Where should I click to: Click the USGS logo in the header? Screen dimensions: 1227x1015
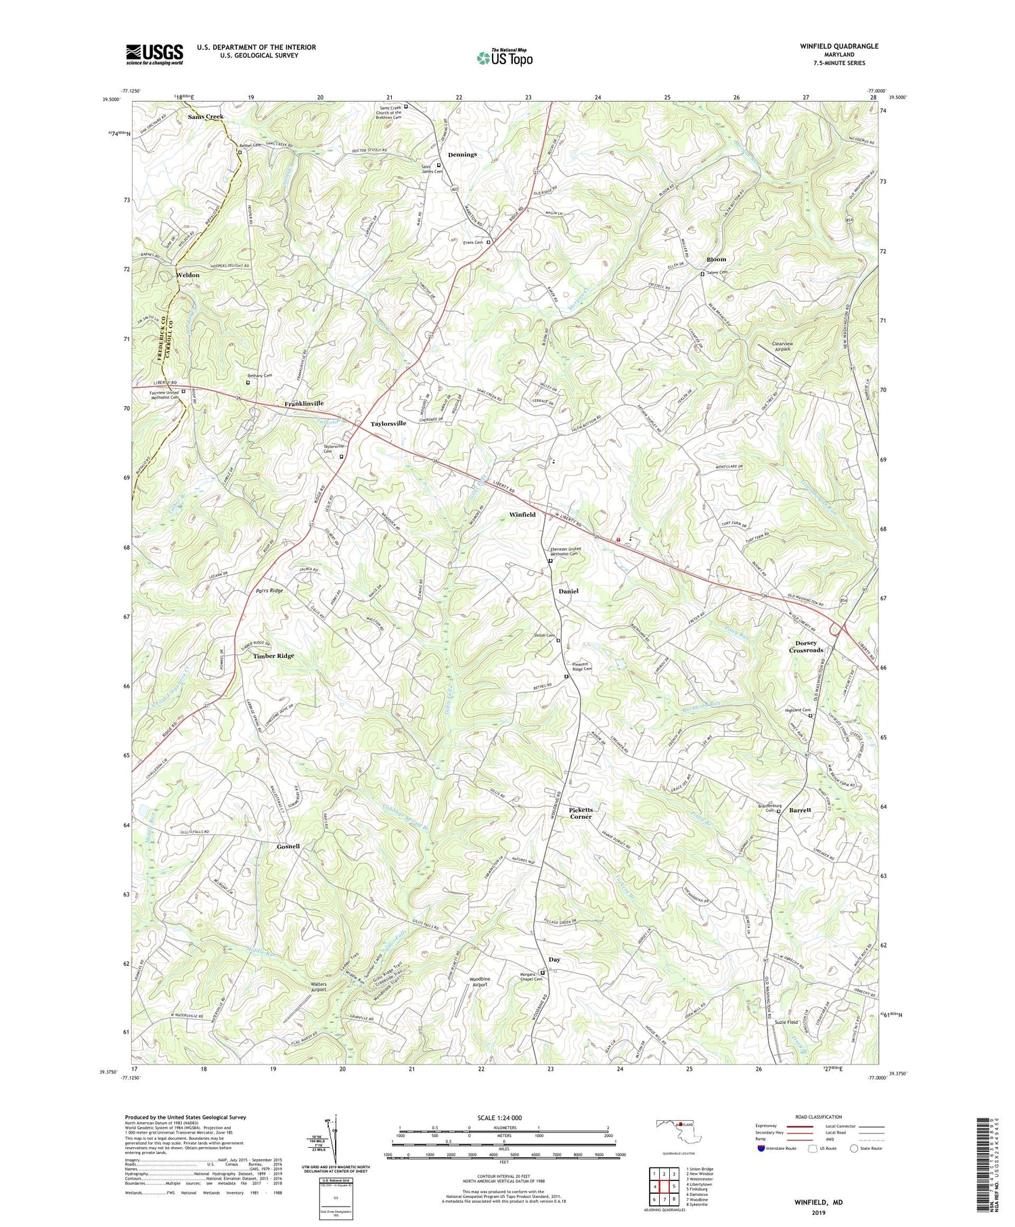pyautogui.click(x=154, y=54)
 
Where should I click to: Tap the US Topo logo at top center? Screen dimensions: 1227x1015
pyautogui.click(x=504, y=58)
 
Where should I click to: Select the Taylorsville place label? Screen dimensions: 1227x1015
pyautogui.click(x=388, y=423)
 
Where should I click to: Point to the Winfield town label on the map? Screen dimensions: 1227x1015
pyautogui.click(x=522, y=514)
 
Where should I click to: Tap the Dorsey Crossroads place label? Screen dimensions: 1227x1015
pyautogui.click(x=806, y=646)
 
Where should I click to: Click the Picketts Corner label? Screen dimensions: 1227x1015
pyautogui.click(x=580, y=813)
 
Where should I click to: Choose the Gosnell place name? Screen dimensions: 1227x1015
pyautogui.click(x=288, y=847)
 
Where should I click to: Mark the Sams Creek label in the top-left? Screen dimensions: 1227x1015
pyautogui.click(x=205, y=116)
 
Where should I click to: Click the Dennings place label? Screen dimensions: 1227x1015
pyautogui.click(x=461, y=154)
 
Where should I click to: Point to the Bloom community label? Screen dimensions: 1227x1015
pyautogui.click(x=716, y=259)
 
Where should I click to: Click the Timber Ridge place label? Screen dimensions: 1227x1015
pyautogui.click(x=273, y=656)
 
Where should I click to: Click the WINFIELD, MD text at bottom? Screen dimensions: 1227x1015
pyautogui.click(x=818, y=1203)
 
